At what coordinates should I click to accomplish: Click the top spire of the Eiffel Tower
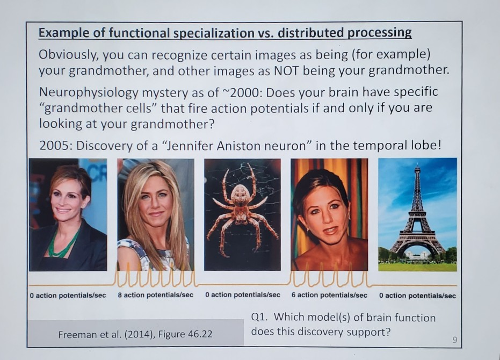coord(417,168)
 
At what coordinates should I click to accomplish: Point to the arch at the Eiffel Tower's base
coord(417,248)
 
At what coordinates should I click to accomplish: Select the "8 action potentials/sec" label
coord(155,295)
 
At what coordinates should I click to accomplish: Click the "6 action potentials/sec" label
coord(329,295)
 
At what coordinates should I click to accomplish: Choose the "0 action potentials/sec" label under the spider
coord(242,295)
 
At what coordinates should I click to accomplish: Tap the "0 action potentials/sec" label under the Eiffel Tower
coord(417,295)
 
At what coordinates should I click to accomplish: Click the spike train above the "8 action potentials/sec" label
coord(155,278)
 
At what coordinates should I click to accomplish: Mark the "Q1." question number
coord(260,318)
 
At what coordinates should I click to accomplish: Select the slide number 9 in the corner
coord(454,339)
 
